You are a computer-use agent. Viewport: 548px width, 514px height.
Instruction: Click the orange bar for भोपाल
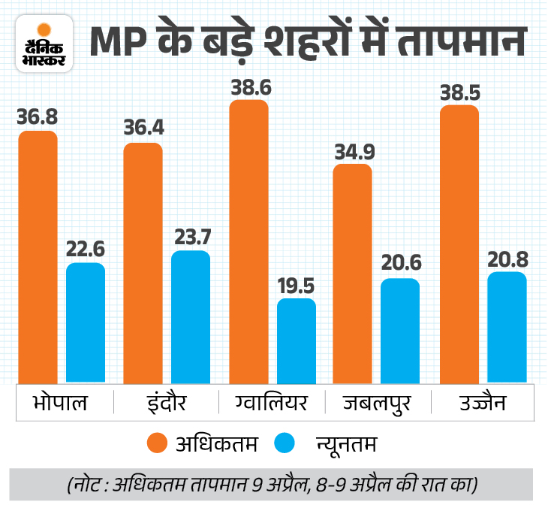pos(38,255)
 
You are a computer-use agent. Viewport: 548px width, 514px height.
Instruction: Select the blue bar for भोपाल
pos(86,322)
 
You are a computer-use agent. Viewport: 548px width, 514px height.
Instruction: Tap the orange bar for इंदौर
pos(143,262)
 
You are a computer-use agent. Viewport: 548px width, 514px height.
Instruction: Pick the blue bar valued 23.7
pos(191,316)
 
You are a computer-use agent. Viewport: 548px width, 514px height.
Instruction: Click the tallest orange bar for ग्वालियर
pos(248,240)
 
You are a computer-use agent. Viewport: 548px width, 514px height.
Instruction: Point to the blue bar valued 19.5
pos(297,340)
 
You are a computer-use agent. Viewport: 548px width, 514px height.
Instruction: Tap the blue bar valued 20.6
pos(400,329)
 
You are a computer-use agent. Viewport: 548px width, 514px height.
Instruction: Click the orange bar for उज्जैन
pos(459,243)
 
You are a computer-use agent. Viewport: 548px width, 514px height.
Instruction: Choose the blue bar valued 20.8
pos(507,326)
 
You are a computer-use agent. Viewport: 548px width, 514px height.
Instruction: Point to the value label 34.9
pos(352,150)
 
